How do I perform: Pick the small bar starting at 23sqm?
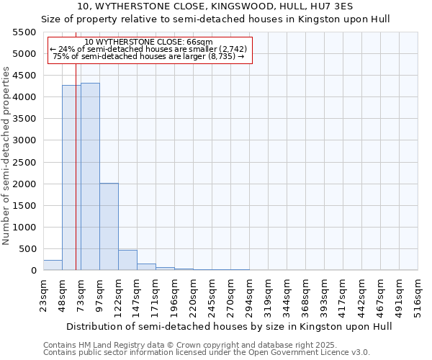click(53, 265)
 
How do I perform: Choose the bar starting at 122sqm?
click(127, 260)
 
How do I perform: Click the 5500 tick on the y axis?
click(24, 32)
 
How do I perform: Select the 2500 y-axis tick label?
click(24, 163)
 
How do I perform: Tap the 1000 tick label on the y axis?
click(24, 228)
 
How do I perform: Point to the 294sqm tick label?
click(249, 294)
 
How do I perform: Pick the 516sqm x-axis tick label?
click(418, 294)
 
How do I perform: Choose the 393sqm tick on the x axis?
click(324, 294)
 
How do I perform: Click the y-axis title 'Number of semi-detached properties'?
click(6, 156)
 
